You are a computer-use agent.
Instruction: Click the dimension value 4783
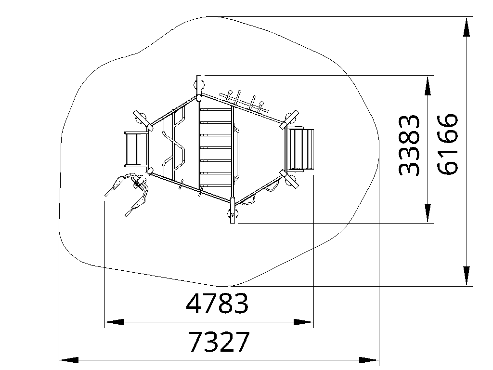coord(217,304)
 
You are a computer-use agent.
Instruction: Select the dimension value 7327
coord(219,342)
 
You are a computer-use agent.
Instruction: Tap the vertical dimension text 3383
coord(409,145)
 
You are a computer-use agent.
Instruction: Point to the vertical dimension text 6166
coord(447,144)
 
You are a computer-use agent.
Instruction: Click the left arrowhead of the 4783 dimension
coord(114,322)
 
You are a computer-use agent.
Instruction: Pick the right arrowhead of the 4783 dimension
coord(304,322)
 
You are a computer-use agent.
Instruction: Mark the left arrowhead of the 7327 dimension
coord(69,360)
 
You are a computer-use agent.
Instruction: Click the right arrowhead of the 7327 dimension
coord(369,360)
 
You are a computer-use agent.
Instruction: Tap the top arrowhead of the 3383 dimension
coord(428,85)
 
